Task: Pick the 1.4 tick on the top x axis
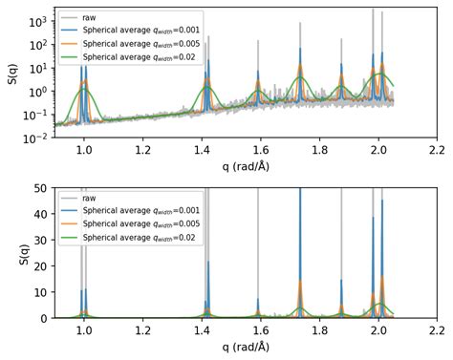point(202,150)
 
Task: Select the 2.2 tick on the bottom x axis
point(438,329)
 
